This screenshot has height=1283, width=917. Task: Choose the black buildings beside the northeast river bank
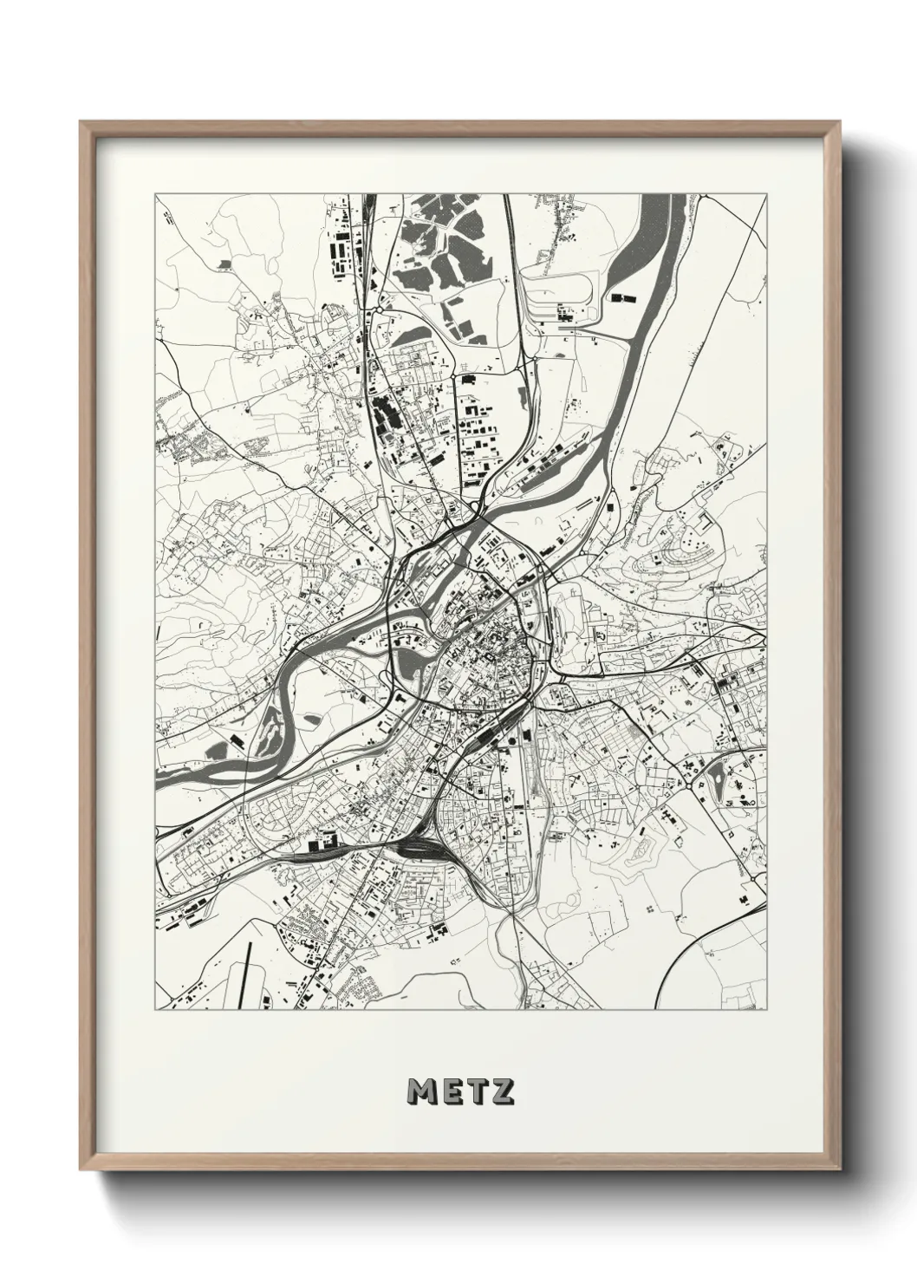coord(621,297)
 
